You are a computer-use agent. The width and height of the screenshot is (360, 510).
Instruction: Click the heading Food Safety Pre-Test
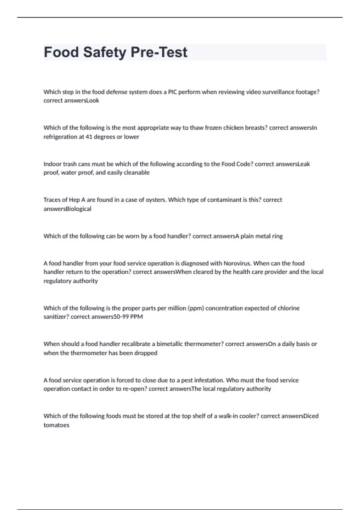115,52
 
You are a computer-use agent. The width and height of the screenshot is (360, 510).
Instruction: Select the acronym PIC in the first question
172,92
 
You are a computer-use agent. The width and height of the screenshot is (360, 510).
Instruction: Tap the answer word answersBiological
67,209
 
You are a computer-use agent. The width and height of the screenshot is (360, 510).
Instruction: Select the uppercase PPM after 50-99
136,317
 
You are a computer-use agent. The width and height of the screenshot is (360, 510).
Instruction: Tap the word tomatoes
56,425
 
